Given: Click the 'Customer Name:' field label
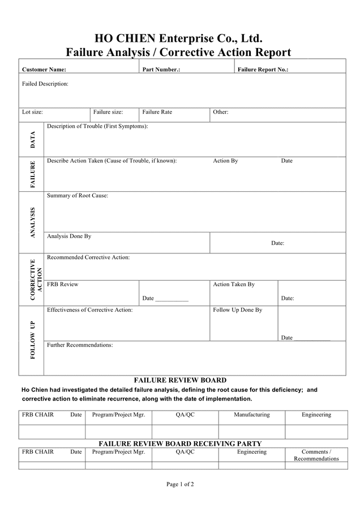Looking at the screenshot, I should [44, 70].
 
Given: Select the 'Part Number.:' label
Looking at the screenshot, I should [161, 70].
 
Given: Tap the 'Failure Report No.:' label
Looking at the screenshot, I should [263, 70].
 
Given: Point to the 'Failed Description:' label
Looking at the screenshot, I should [45, 84].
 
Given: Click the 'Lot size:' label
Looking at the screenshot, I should [32, 112].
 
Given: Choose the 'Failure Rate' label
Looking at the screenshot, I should [157, 112].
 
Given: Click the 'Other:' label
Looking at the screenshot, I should [221, 112].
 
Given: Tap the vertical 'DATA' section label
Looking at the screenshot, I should [32, 140].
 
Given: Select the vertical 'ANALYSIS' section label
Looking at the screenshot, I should [32, 223].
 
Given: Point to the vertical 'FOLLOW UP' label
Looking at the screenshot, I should [32, 340].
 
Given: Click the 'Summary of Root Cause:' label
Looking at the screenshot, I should [78, 196].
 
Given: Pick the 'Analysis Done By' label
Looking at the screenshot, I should [69, 236].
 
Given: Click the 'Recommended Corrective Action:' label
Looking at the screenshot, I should [88, 257].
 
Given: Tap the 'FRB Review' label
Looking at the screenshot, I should [63, 284].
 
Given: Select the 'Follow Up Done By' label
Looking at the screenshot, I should [238, 310].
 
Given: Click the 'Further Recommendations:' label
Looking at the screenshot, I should [80, 345].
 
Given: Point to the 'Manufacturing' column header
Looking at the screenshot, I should [252, 415].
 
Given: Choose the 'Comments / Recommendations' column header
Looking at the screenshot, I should [316, 455].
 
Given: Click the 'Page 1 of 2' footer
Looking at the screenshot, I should [180, 484].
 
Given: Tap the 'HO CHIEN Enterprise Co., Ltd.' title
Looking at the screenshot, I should [178, 39].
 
